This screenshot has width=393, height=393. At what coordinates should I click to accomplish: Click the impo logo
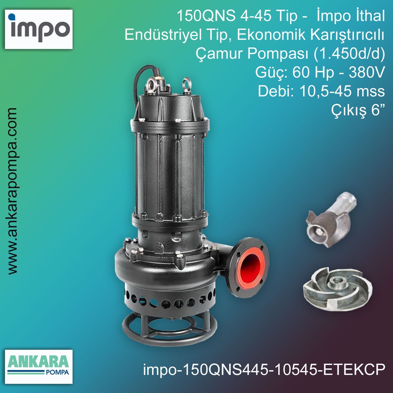tap(39, 29)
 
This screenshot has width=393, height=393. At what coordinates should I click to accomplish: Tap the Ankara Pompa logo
tap(39, 367)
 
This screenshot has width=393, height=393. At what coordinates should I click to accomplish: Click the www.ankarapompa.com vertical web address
tap(12, 191)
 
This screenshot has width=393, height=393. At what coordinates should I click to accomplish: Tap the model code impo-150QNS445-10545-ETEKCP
tap(264, 370)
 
